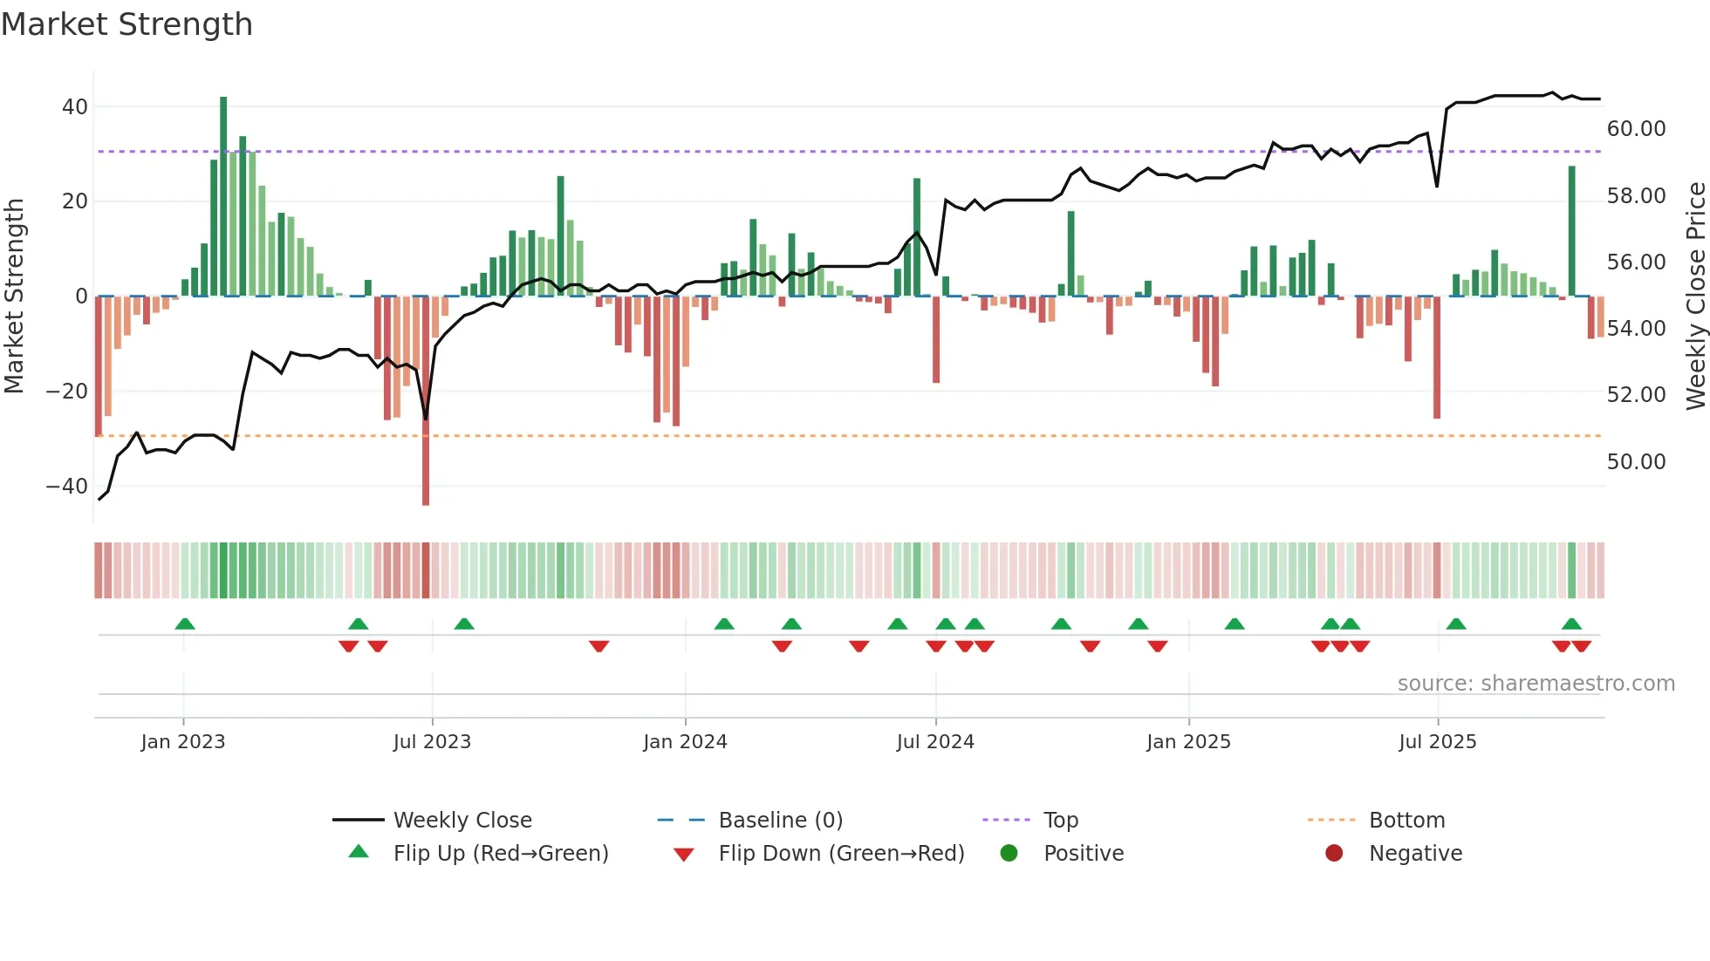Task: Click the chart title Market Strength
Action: point(127,24)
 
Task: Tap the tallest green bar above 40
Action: point(223,196)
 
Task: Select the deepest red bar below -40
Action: point(426,401)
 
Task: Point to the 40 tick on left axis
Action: point(75,107)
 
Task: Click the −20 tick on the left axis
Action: point(67,392)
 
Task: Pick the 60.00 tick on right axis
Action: point(1636,129)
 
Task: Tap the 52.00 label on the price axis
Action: point(1636,395)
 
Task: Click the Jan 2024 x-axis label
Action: point(685,742)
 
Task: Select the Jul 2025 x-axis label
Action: point(1437,742)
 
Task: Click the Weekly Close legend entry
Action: point(462,821)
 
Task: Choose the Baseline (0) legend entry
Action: point(780,821)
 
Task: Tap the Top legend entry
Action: point(1061,821)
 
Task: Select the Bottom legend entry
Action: point(1406,821)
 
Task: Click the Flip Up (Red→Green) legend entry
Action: point(500,854)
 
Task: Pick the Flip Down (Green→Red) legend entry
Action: point(841,854)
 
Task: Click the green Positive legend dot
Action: point(1009,854)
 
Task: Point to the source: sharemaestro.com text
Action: point(1536,684)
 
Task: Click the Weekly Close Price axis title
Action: point(1695,296)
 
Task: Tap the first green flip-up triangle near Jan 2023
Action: point(184,624)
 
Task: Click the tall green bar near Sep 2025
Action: point(1571,231)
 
